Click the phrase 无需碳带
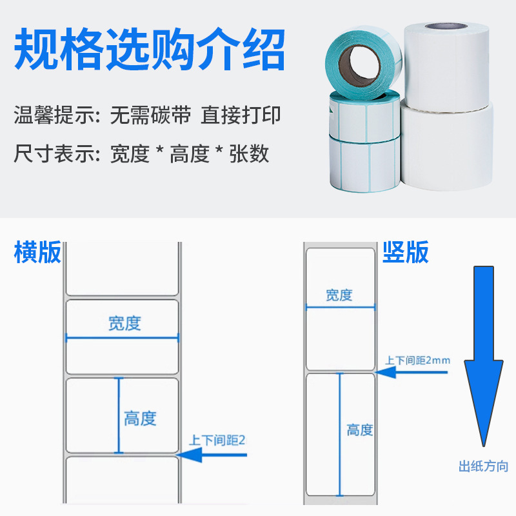150,116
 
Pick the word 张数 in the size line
249,154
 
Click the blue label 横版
37,252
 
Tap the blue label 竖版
406,252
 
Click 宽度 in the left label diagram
124,323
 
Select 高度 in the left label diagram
140,419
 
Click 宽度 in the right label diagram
339,295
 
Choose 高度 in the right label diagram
360,430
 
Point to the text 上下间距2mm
417,360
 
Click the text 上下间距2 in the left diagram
218,441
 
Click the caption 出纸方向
483,466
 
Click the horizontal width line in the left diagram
123,336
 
